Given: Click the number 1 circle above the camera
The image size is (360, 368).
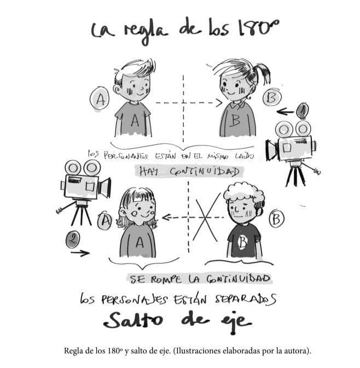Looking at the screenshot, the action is point(303,110).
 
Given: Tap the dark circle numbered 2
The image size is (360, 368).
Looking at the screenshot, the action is point(73,239).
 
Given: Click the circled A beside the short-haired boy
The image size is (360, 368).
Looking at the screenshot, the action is point(100,99).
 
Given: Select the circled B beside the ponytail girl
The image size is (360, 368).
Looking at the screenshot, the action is point(272,97).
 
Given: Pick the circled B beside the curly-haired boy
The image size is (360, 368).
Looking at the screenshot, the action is point(277,219).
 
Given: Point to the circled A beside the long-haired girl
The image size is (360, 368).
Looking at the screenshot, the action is point(105,221).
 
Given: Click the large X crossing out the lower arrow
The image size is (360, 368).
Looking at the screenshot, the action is point(206,217).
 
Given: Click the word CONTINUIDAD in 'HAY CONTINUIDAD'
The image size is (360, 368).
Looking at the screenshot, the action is point(205,172).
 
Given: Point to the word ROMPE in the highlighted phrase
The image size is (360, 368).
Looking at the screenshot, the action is point(166,279).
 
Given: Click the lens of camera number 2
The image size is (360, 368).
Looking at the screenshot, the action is point(104,188).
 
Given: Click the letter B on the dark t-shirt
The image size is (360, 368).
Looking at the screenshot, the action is point(243,242).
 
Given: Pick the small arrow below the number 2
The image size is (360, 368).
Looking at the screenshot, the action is point(80,253).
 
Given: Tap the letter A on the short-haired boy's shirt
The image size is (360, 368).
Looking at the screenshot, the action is point(135,121).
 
